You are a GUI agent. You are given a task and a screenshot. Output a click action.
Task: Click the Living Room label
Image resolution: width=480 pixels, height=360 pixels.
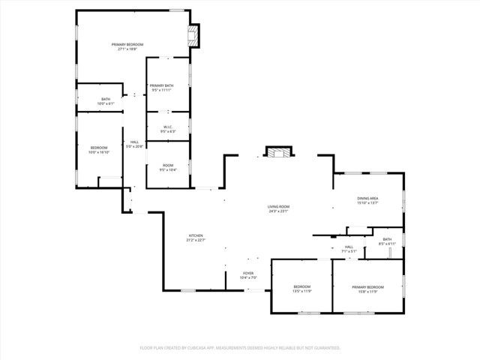[x=278, y=206]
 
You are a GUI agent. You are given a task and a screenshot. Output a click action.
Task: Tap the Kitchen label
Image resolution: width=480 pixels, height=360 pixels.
[x=196, y=236]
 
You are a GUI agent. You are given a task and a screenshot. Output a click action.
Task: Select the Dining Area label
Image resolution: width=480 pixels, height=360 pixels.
[x=367, y=198]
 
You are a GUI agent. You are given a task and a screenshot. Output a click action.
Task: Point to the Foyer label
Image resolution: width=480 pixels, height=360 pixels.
[x=248, y=273]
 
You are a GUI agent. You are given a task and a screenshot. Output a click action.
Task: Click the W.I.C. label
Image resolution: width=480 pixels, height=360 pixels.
[x=167, y=127]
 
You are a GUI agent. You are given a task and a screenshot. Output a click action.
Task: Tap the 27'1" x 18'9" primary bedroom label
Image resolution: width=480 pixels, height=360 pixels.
[x=128, y=49]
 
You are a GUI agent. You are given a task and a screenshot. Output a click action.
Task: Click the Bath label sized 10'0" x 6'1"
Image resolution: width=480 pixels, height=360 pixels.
[x=106, y=99]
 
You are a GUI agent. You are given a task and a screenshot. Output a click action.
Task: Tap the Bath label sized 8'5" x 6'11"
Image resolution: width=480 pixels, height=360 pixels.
[x=387, y=239]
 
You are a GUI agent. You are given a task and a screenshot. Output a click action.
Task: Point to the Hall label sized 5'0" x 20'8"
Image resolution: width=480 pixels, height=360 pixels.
[x=135, y=142]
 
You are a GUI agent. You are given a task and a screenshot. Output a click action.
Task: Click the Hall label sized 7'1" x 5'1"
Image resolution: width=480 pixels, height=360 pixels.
[x=349, y=247]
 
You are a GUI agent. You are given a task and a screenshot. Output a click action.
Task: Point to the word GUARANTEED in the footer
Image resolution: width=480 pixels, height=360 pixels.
[x=324, y=348]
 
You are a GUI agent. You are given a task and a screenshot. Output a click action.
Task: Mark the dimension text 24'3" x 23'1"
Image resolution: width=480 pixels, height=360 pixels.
[x=278, y=211]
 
